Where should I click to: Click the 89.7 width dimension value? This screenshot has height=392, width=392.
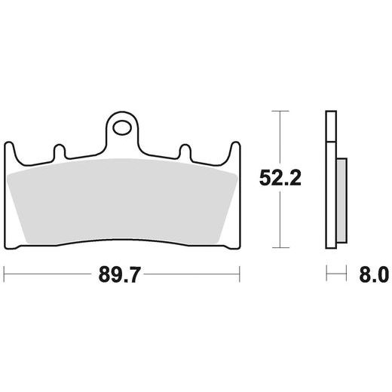point(121,273)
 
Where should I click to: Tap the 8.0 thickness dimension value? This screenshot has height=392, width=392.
point(368,273)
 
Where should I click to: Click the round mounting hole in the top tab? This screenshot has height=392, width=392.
point(121,126)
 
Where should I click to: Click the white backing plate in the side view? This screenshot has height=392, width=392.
point(329,181)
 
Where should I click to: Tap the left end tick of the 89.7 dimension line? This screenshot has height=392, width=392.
point(5,273)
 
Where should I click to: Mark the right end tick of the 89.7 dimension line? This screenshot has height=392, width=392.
point(239,273)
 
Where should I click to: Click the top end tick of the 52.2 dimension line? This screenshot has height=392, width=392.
point(280,112)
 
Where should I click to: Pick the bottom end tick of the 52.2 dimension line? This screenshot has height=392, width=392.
point(280,247)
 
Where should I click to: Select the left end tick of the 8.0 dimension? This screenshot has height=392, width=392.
point(326,273)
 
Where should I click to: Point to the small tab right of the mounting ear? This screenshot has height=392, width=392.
point(183,153)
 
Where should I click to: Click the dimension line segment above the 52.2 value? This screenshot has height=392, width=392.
point(280,139)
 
